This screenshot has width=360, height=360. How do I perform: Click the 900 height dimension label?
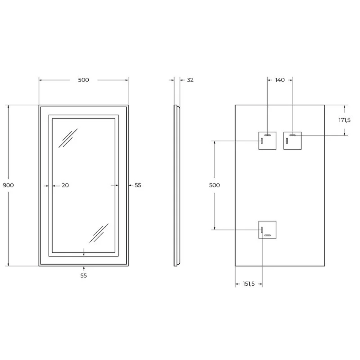tap(8, 185)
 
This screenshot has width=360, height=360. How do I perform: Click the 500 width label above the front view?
tap(83, 80)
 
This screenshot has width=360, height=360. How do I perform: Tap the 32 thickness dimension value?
tap(190, 80)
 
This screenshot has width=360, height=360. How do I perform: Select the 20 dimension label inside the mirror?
tap(65, 185)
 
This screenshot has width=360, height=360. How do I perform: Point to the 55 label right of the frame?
tap(138, 185)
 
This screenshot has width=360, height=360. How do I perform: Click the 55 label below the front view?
tap(84, 275)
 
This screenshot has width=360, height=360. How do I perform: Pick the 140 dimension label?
tap(280, 80)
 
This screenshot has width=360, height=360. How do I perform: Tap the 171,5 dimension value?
tap(344, 120)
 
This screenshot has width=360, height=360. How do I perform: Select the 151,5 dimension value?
tap(249, 284)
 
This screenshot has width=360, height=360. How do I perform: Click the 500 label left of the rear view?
tap(214, 185)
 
